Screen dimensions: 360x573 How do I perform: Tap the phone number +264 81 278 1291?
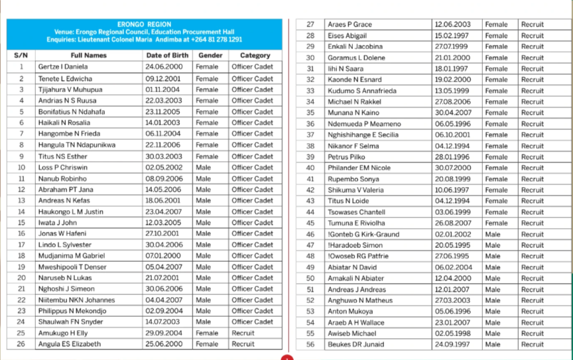[218, 40]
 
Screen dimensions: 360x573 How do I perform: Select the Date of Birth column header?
[167, 56]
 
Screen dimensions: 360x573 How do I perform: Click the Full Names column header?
[89, 56]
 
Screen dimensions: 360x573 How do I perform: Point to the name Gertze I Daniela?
[64, 67]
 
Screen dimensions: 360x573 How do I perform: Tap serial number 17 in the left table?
[21, 245]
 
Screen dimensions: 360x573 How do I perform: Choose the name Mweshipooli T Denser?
[72, 267]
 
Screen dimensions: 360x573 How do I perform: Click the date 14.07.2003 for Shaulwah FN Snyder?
[163, 322]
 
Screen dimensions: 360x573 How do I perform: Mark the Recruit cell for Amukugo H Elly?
[243, 333]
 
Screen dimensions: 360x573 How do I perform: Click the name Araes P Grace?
[350, 25]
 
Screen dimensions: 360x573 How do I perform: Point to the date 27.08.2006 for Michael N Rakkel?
[452, 102]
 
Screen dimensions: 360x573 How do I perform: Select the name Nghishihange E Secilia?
[364, 135]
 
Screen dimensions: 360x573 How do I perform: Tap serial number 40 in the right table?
[310, 168]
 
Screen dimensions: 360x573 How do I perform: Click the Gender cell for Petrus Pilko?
[496, 157]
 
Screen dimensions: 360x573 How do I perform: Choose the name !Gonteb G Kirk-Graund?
[363, 234]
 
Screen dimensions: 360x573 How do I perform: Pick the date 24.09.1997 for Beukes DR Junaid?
[452, 345]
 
